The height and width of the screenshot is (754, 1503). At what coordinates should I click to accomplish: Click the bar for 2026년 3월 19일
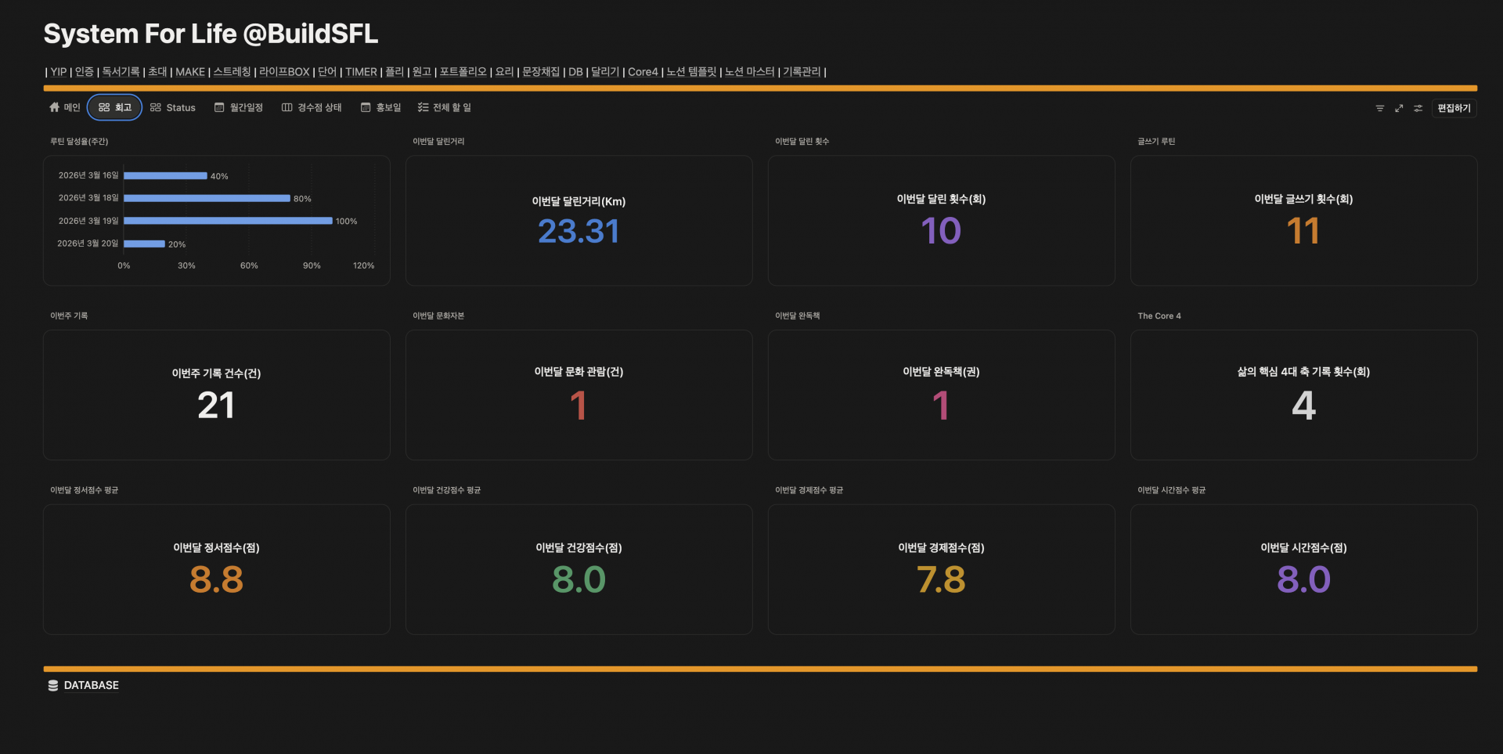tap(228, 221)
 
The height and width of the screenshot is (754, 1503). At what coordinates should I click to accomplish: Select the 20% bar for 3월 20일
tap(144, 244)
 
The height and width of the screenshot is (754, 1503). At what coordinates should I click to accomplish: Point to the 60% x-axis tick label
tap(249, 265)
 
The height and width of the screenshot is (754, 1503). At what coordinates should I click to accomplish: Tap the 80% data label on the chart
tap(302, 199)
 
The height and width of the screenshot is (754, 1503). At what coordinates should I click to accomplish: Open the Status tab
tap(173, 107)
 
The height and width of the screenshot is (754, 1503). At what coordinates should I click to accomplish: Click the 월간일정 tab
tap(239, 107)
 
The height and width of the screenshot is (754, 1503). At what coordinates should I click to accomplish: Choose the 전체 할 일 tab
tap(445, 107)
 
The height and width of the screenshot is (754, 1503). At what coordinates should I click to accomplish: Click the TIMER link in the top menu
tap(361, 72)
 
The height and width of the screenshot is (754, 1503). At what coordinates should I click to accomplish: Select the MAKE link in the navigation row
tap(190, 72)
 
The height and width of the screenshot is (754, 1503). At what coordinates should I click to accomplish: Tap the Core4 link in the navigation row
tap(643, 72)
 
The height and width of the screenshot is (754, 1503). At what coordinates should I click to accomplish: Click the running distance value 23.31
tap(578, 231)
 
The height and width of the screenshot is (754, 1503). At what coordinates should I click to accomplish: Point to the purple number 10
tap(941, 231)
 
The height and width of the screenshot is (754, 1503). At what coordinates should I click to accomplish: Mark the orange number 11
tap(1303, 231)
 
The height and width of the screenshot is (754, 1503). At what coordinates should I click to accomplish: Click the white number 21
tap(216, 406)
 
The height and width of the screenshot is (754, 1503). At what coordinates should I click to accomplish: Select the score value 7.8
tap(941, 580)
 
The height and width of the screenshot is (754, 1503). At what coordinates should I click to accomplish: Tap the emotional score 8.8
tap(216, 580)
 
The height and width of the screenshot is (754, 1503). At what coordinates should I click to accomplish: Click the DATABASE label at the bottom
tap(92, 685)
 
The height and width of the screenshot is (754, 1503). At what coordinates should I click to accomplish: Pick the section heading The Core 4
tap(1159, 316)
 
